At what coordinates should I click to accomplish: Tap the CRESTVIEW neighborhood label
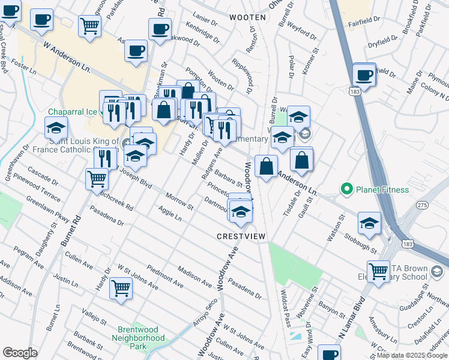pos(241,237)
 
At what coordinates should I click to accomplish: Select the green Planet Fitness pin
pos(346,190)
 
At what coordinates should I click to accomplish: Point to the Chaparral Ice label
pos(73,112)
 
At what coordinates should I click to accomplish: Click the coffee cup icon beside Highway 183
pos(364,76)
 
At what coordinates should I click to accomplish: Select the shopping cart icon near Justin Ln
pos(121,289)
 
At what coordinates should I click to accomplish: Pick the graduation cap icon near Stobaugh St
pos(370,224)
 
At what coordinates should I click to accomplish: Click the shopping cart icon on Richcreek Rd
pos(97,179)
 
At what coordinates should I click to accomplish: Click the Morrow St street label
pos(179,202)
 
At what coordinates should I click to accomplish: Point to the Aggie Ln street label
pos(170,213)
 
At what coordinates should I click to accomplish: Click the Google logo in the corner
pos(20,353)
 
